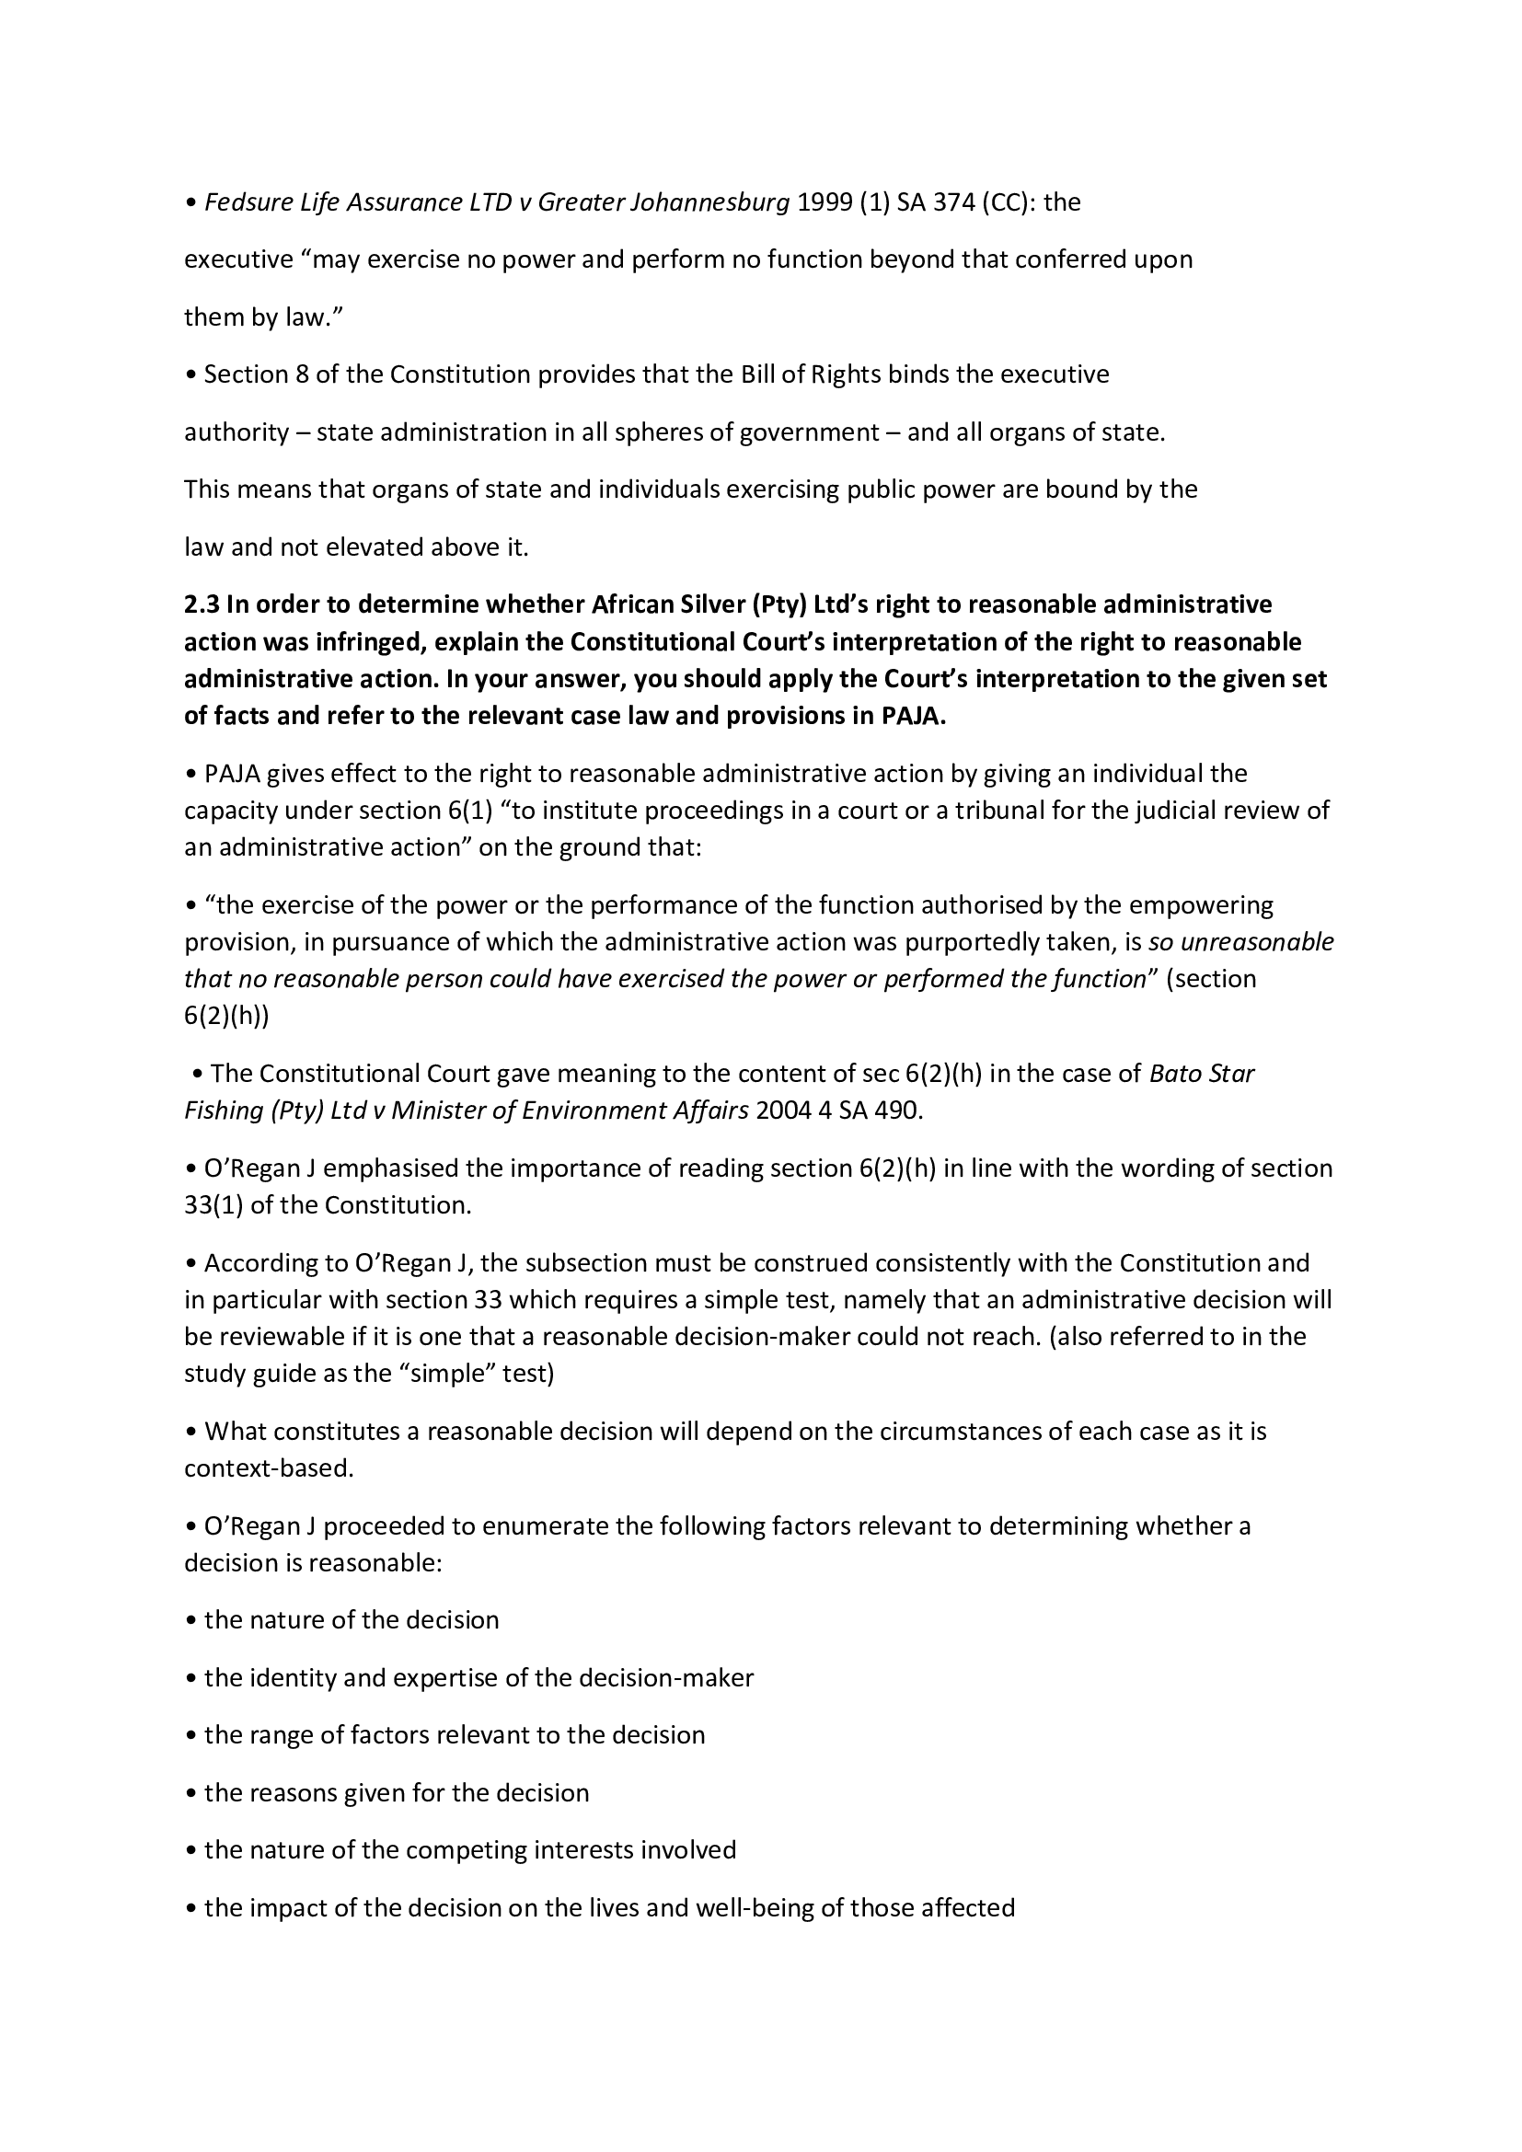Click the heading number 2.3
pos(202,604)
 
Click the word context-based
pos(268,1468)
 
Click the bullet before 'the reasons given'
pos(191,1793)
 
